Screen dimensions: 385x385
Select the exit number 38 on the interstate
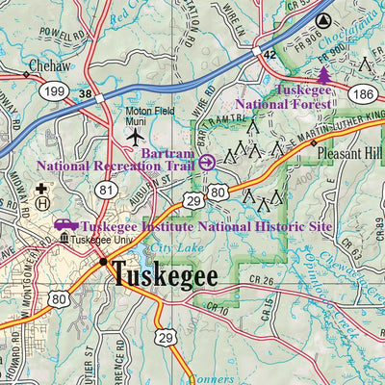coord(86,95)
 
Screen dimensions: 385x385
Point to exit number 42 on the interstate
coord(270,56)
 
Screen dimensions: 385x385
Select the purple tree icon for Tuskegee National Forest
coord(324,73)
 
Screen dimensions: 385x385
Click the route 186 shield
coord(362,93)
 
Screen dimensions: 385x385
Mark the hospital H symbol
coord(41,202)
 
